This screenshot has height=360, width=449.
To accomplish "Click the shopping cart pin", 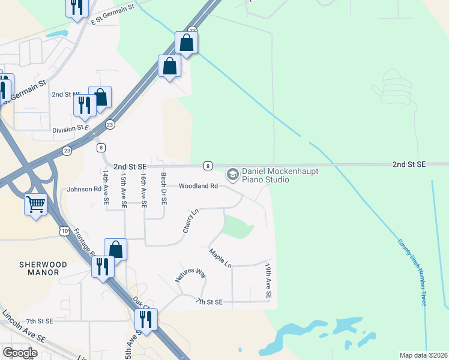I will [36, 205].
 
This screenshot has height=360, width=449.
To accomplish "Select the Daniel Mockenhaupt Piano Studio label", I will [279, 175].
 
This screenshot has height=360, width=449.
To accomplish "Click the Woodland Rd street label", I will [198, 187].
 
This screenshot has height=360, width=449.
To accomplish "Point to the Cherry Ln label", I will [191, 221].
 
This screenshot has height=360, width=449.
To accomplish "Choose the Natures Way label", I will [191, 276].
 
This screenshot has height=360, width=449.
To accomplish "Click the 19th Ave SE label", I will [268, 281].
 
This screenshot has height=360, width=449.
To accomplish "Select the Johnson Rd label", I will [84, 189].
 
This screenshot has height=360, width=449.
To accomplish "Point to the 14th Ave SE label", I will [106, 188].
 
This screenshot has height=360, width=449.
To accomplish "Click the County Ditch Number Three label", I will [412, 272].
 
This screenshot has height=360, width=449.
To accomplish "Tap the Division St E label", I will [70, 129].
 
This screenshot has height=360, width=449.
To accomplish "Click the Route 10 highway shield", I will [64, 230].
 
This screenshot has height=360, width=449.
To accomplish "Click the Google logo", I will [20, 353].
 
